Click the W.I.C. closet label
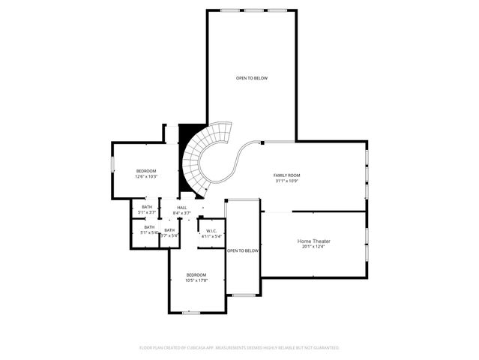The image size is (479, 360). click(x=211, y=231)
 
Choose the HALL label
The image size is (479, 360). click(x=182, y=208)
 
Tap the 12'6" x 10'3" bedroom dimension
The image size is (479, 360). click(x=146, y=176)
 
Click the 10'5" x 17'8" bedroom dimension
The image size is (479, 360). click(x=196, y=280)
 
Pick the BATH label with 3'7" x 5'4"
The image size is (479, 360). click(x=169, y=230)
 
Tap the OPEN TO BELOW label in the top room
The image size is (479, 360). click(x=252, y=78)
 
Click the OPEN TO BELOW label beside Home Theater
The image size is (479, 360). click(x=243, y=250)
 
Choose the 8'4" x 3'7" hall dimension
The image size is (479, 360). click(x=182, y=214)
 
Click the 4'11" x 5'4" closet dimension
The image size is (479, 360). click(x=211, y=236)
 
